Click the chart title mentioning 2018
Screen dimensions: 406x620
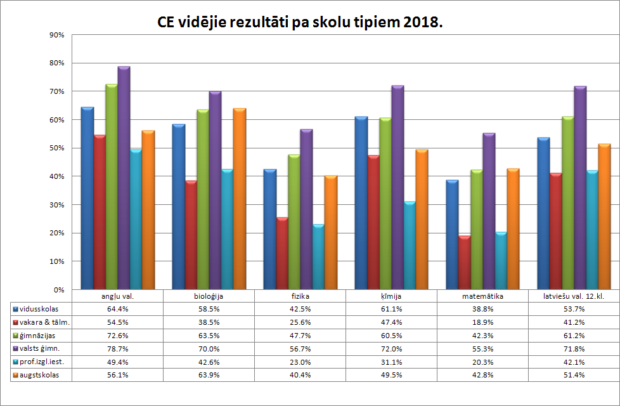pyautogui.click(x=300, y=23)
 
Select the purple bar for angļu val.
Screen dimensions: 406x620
pyautogui.click(x=124, y=178)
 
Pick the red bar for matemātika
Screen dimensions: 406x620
pyautogui.click(x=465, y=263)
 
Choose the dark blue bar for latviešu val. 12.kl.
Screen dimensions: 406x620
pyautogui.click(x=543, y=213)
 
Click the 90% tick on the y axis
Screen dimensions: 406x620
pyautogui.click(x=56, y=35)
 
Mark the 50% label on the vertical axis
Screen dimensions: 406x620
pyautogui.click(x=56, y=148)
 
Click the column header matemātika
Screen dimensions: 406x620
pyautogui.click(x=482, y=296)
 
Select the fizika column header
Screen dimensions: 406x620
pyautogui.click(x=300, y=296)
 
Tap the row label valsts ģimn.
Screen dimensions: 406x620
pyautogui.click(x=41, y=348)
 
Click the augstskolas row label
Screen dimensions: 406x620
pyautogui.click(x=39, y=375)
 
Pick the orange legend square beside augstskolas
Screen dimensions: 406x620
pyautogui.click(x=15, y=375)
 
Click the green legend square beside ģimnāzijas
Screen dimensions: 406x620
pyautogui.click(x=15, y=335)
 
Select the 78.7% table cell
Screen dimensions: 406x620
pyautogui.click(x=118, y=348)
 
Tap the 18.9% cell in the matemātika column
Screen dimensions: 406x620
pyautogui.click(x=482, y=322)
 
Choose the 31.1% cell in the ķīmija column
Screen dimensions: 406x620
pyautogui.click(x=391, y=362)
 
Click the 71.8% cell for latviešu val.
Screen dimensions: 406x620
pyautogui.click(x=574, y=348)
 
